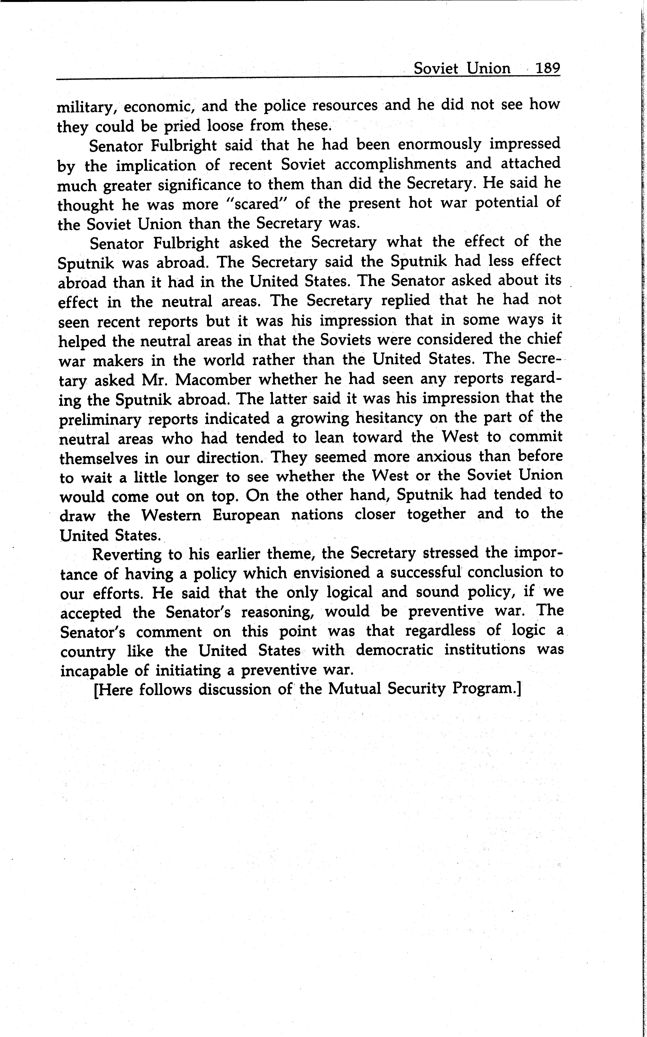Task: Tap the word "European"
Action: pos(246,515)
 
